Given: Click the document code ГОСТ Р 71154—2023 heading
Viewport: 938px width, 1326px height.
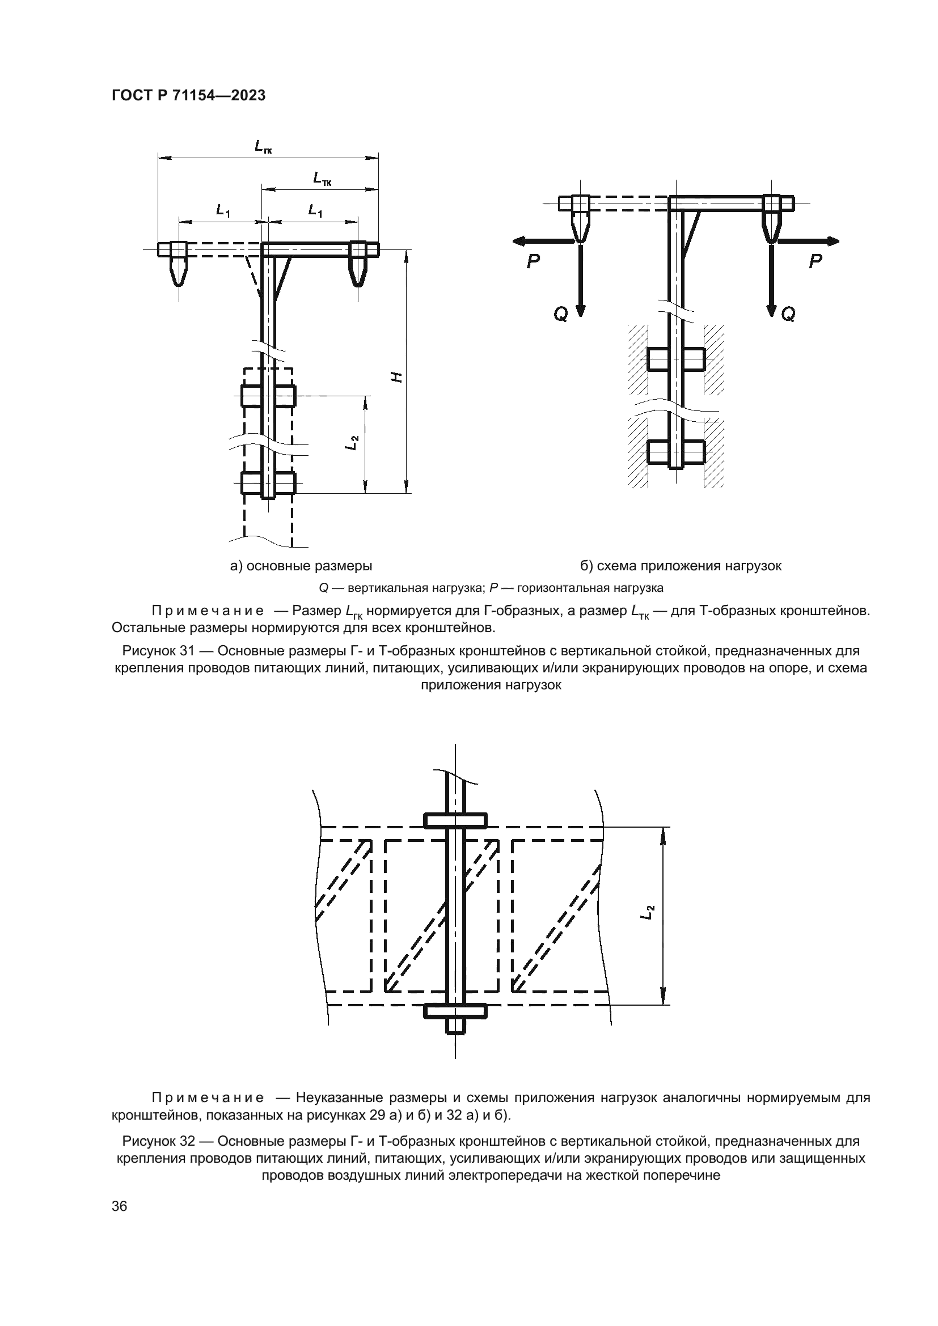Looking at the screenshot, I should (188, 96).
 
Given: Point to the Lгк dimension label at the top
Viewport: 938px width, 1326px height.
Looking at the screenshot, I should (263, 147).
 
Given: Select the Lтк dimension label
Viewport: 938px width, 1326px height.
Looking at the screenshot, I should (322, 179).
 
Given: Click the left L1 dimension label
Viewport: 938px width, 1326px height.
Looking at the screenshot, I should (223, 211).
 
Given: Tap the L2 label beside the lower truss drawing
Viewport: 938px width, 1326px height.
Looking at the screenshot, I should (650, 913).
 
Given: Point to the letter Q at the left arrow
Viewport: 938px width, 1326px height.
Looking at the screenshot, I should (560, 314).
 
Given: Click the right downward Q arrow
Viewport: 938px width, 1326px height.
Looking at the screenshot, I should (771, 280).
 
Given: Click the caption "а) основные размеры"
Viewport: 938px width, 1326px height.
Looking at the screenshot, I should (301, 566).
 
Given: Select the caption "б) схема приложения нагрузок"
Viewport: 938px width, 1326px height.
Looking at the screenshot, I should (681, 566).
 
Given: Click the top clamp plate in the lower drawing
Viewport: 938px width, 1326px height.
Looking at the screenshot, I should (456, 821).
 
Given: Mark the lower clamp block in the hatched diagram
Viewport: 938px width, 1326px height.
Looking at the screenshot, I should (675, 452).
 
